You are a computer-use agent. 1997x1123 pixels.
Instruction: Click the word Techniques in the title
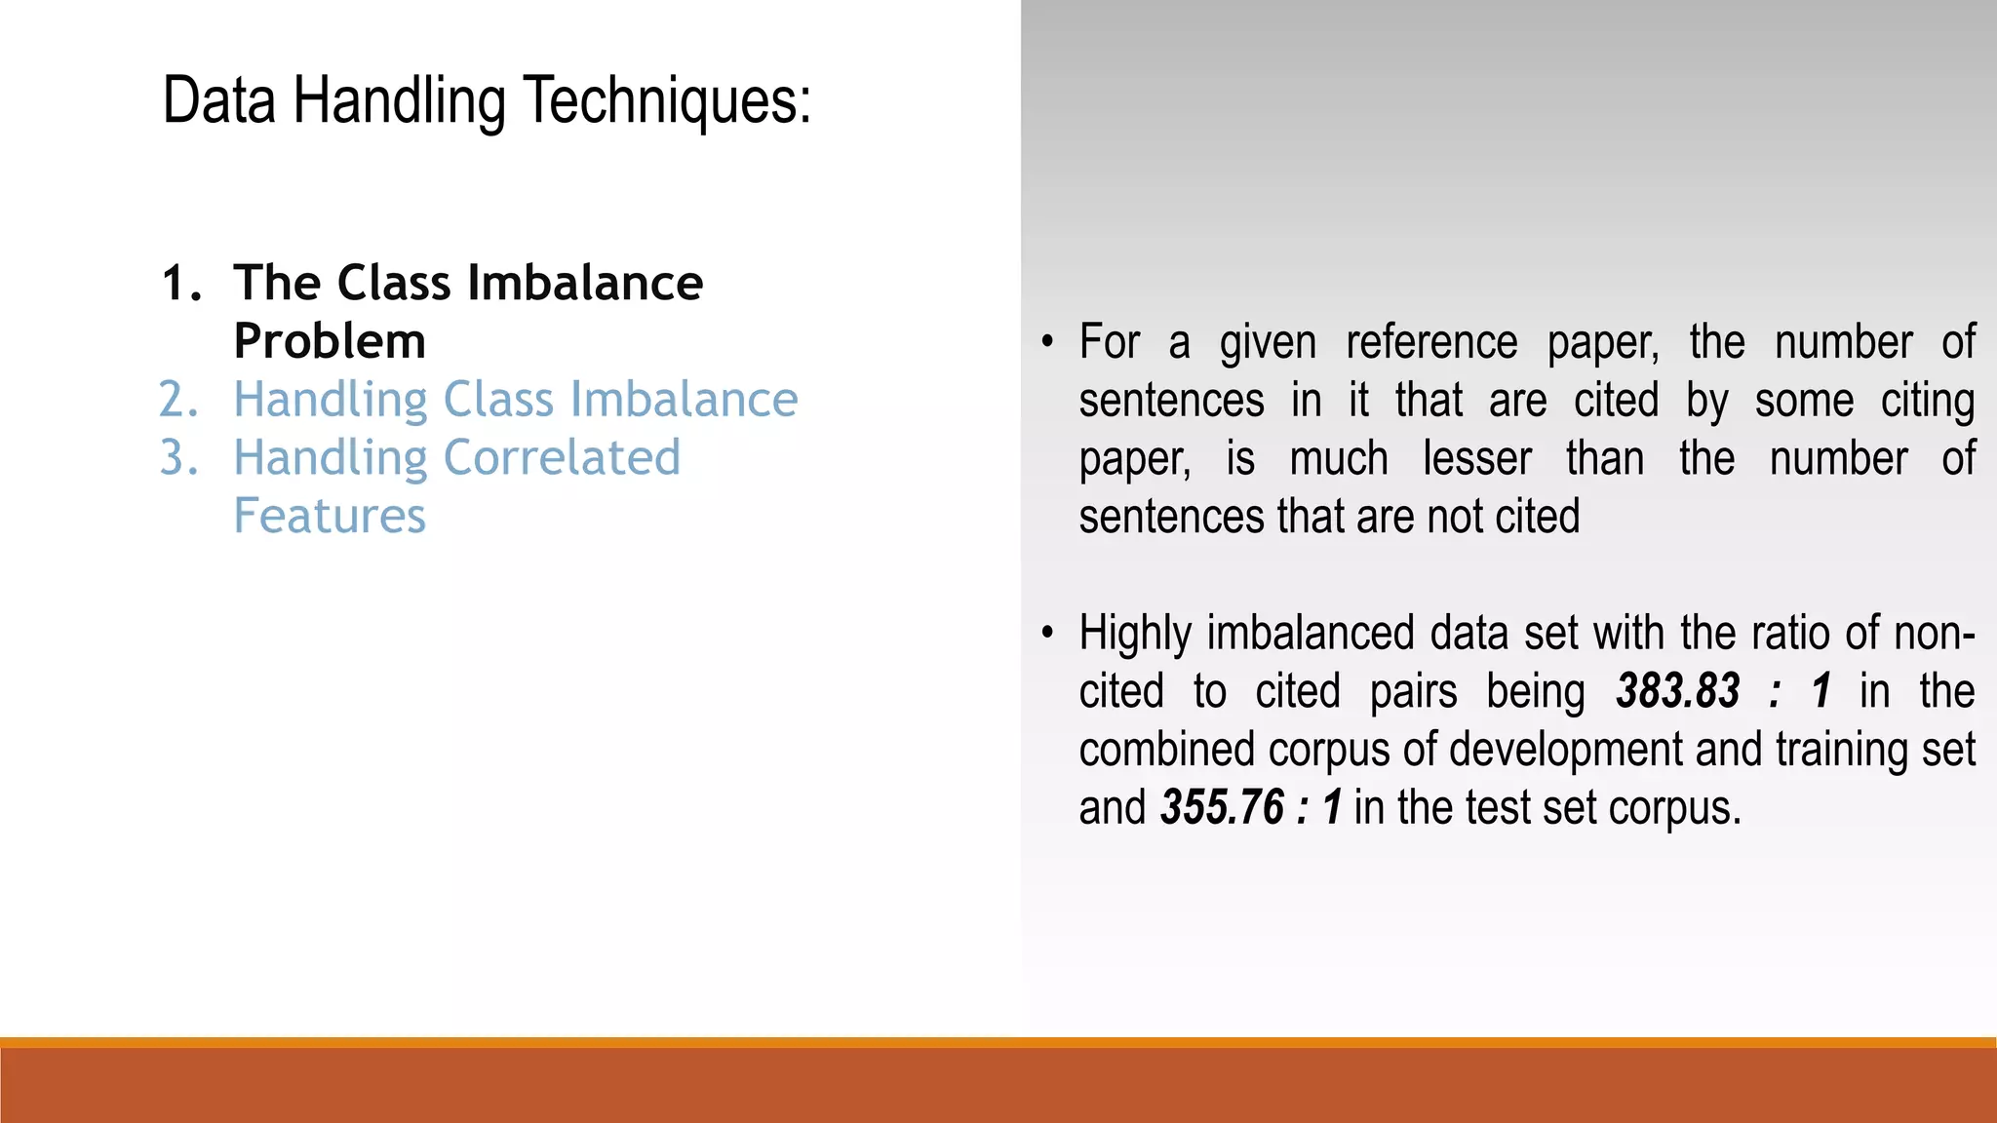pyautogui.click(x=667, y=101)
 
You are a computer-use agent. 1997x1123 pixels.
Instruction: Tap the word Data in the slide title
pyautogui.click(x=219, y=101)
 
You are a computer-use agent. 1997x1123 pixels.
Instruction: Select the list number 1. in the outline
pyautogui.click(x=181, y=284)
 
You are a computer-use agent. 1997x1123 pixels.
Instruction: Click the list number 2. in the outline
pyautogui.click(x=179, y=400)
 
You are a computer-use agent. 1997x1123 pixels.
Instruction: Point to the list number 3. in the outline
pyautogui.click(x=179, y=458)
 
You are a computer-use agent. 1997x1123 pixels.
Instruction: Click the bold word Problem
pyautogui.click(x=330, y=342)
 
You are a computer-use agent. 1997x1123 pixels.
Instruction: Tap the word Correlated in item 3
pyautogui.click(x=562, y=458)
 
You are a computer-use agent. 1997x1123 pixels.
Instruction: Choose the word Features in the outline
pyautogui.click(x=330, y=516)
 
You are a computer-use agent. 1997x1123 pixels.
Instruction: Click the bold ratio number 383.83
pyautogui.click(x=1677, y=691)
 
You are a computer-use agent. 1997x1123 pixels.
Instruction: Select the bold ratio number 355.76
pyautogui.click(x=1222, y=808)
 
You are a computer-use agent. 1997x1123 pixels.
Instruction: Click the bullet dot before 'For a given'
pyautogui.click(x=1047, y=342)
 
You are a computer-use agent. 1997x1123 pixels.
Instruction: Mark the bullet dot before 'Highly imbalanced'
pyautogui.click(x=1047, y=634)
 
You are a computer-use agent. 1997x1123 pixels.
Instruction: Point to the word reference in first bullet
pyautogui.click(x=1431, y=342)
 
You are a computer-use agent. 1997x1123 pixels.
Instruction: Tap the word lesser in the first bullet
pyautogui.click(x=1477, y=458)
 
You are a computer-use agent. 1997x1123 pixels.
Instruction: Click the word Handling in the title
pyautogui.click(x=399, y=101)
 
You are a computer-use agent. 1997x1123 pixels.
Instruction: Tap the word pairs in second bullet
pyautogui.click(x=1413, y=691)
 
